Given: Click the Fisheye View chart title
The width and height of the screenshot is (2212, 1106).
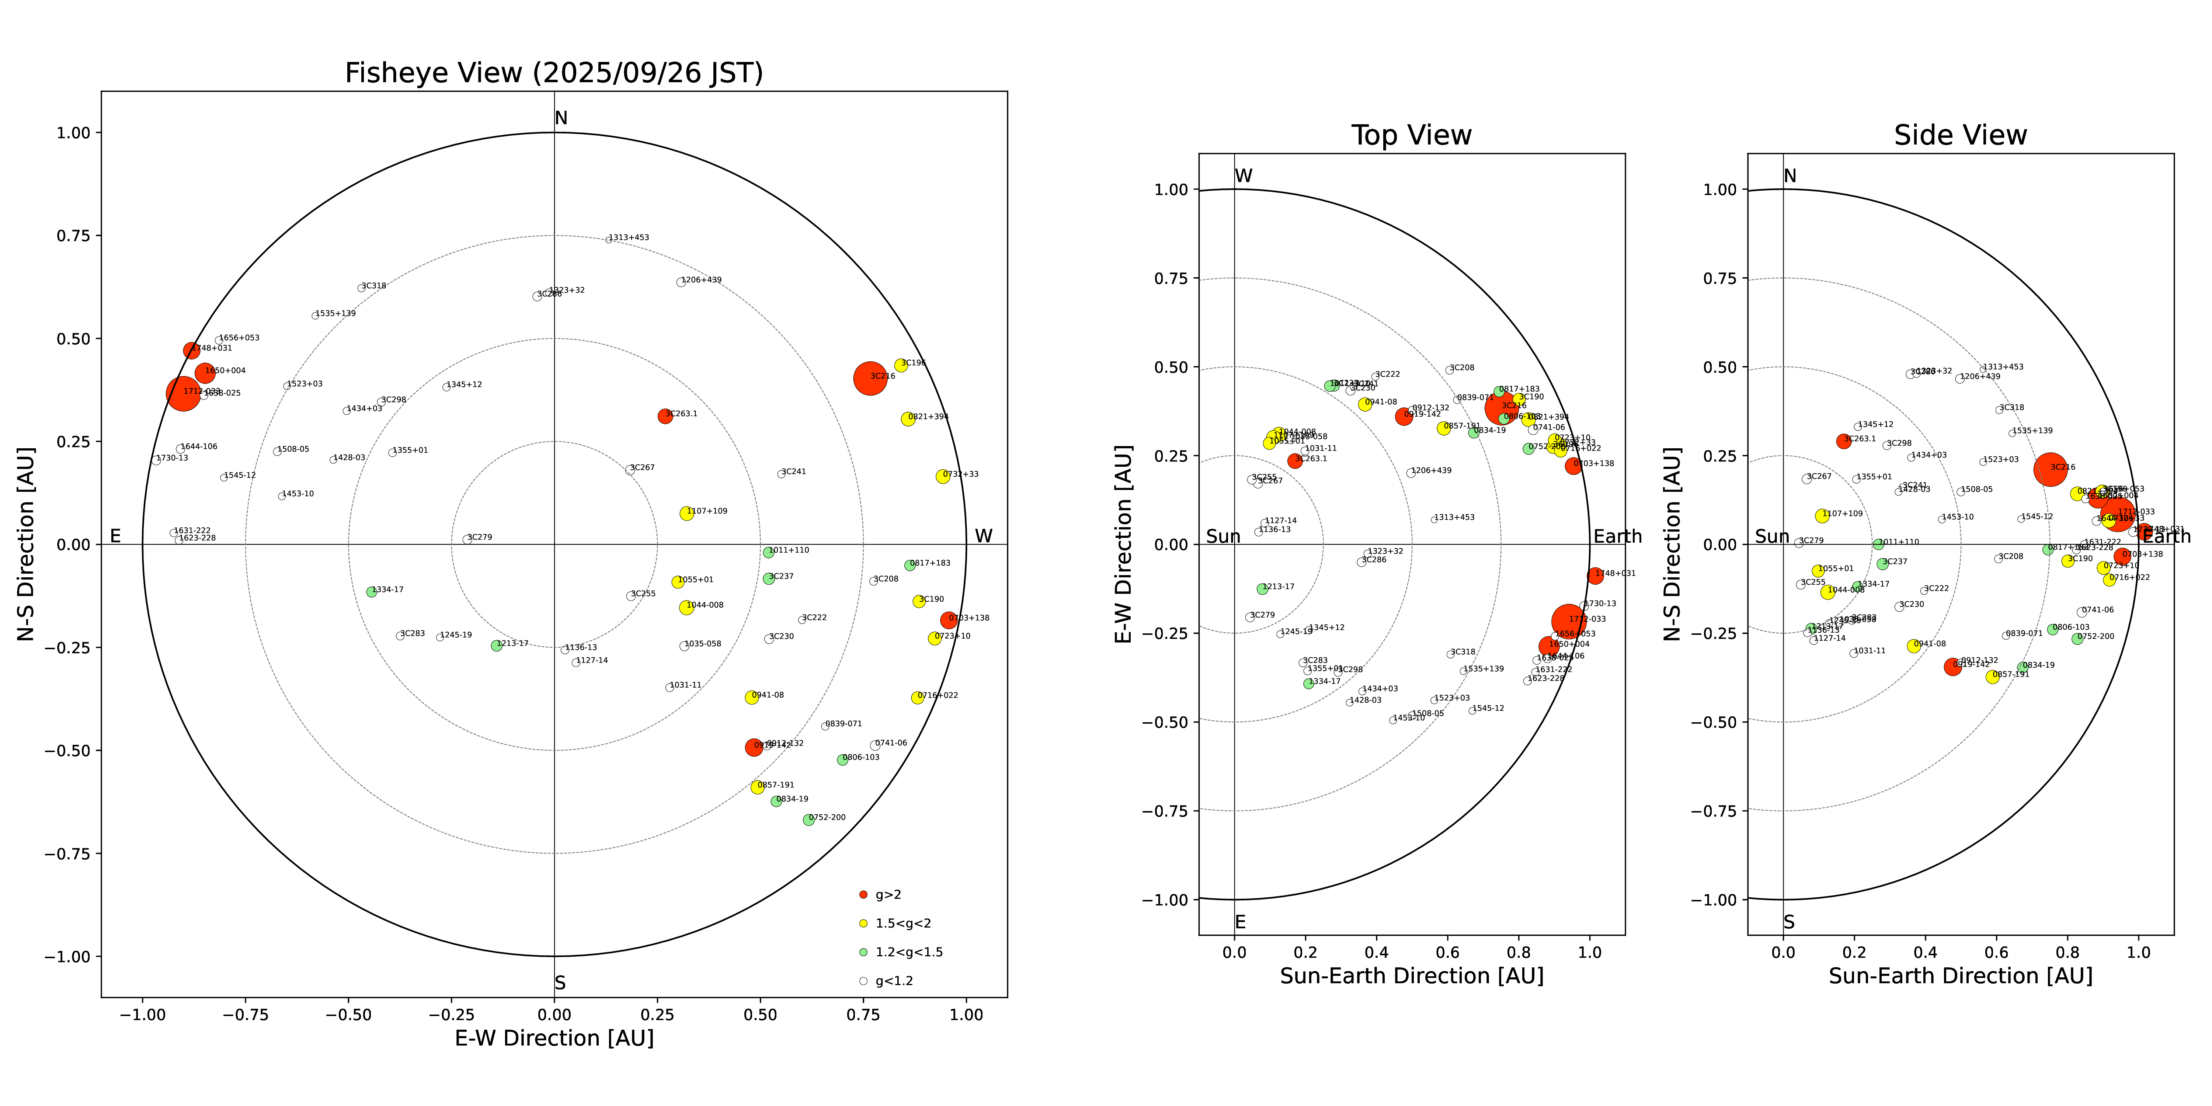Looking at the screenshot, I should pyautogui.click(x=554, y=73).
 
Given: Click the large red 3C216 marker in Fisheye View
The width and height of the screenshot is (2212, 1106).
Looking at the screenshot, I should pyautogui.click(x=870, y=378).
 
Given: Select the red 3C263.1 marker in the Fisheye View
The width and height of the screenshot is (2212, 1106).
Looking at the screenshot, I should pyautogui.click(x=665, y=415).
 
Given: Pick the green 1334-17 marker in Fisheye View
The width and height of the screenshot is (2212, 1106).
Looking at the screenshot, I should pyautogui.click(x=371, y=592).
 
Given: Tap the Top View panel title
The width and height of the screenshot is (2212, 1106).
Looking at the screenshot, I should pyautogui.click(x=1411, y=136).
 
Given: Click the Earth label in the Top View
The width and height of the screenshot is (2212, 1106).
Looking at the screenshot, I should pyautogui.click(x=1617, y=537).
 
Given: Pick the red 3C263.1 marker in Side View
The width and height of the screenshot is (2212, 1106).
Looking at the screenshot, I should pyautogui.click(x=1843, y=441).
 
